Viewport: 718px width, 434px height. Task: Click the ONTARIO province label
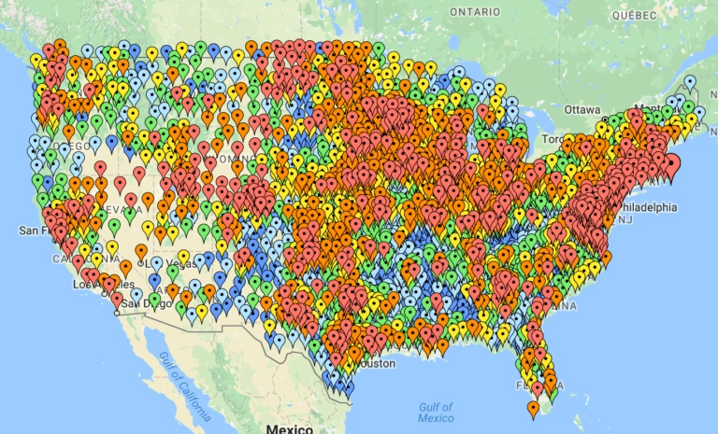pos(474,11)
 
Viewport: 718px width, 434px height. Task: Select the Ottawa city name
pos(582,110)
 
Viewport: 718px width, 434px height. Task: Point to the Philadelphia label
pos(648,207)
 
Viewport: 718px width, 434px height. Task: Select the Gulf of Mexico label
pos(436,412)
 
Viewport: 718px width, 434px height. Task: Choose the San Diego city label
pos(142,302)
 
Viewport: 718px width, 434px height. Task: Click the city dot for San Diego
pos(117,313)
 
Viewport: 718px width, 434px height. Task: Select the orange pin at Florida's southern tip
pos(533,407)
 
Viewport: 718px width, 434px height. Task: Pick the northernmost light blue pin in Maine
pos(690,82)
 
